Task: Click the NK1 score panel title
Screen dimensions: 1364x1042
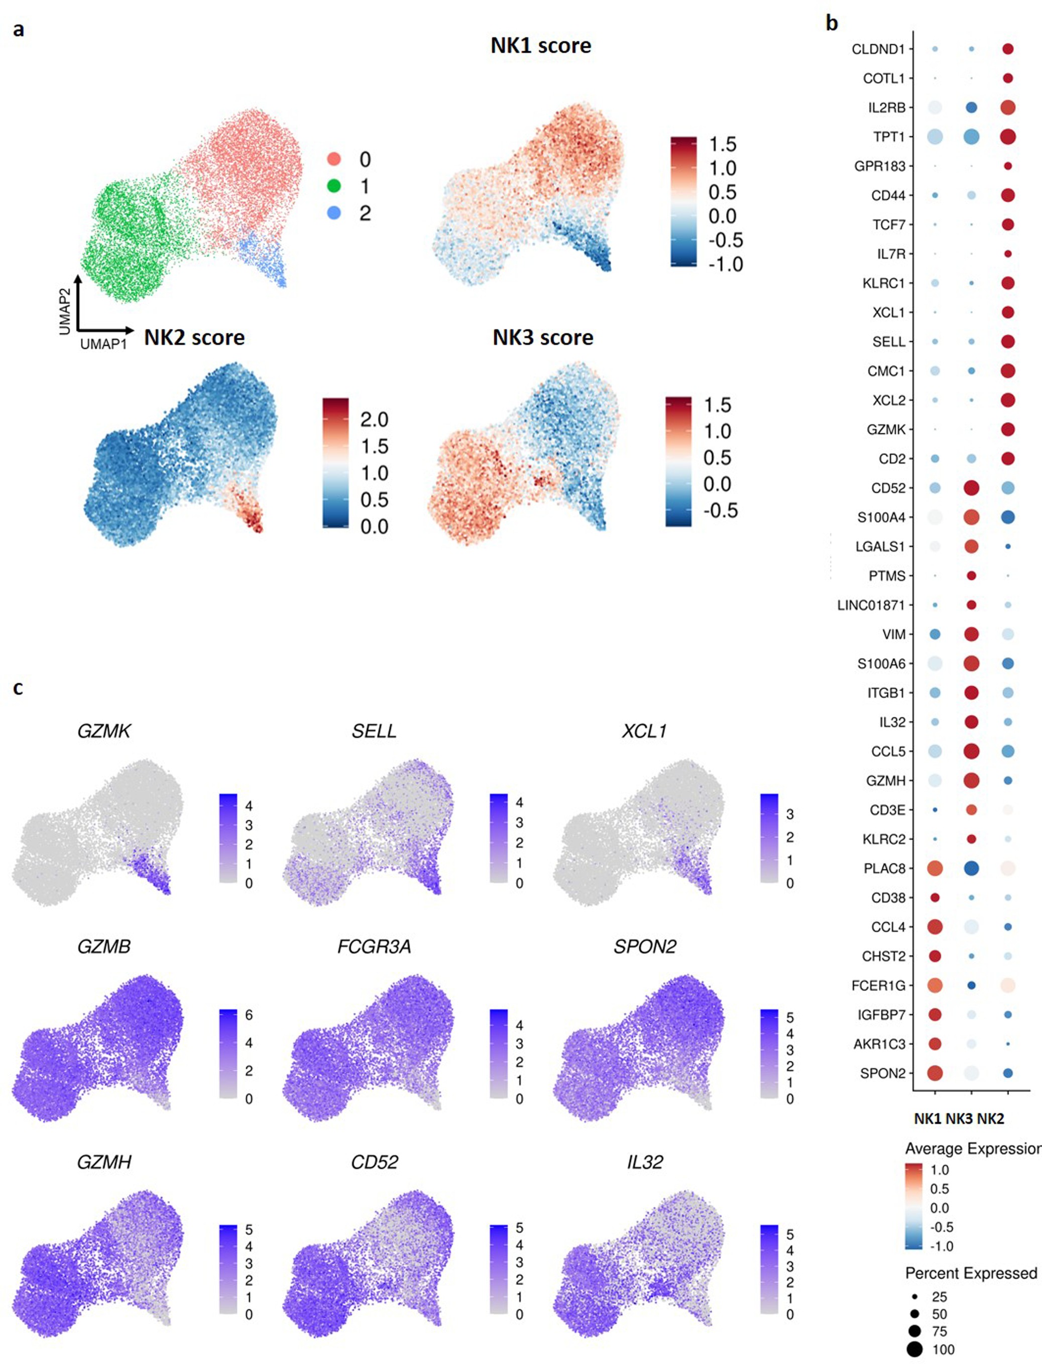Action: tap(540, 45)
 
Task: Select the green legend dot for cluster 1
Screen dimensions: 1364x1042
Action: tap(333, 186)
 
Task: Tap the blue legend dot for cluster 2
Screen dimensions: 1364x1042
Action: tap(333, 213)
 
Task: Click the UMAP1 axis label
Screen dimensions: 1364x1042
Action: tap(103, 344)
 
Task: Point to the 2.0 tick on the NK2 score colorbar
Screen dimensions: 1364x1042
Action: tap(374, 420)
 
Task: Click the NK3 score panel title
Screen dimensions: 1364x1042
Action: tap(543, 337)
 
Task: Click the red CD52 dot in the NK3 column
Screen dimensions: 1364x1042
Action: tap(971, 488)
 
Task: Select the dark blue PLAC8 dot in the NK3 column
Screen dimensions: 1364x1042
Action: tap(971, 868)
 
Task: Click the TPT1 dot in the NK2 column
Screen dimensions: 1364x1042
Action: tap(1008, 137)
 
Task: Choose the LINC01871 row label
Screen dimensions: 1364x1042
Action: tap(871, 605)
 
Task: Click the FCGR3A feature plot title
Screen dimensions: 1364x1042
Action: tap(374, 947)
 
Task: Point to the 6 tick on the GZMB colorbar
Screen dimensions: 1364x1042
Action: tap(249, 1015)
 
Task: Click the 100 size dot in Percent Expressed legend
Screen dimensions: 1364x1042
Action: tap(914, 1349)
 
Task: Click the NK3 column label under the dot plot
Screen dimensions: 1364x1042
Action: tap(960, 1119)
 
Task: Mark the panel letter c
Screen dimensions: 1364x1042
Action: tap(18, 688)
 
